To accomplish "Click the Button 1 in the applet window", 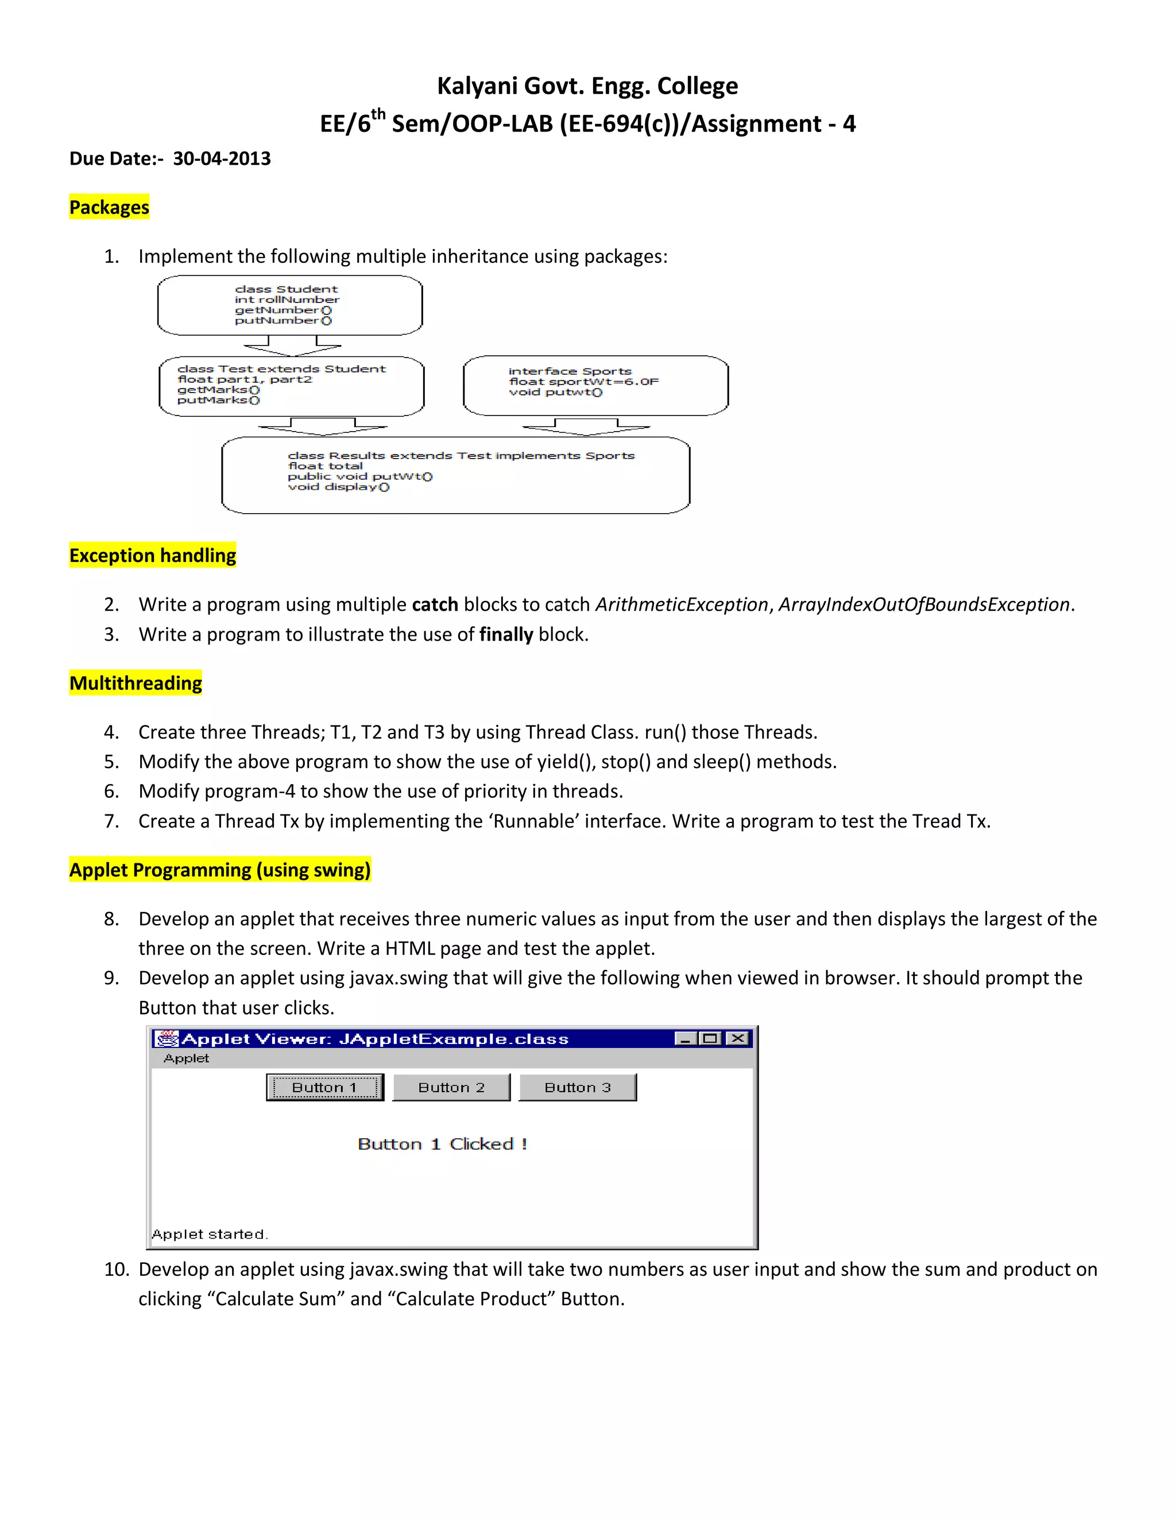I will pyautogui.click(x=324, y=1087).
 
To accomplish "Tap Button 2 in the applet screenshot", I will pyautogui.click(x=451, y=1087).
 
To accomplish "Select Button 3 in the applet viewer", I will pyautogui.click(x=578, y=1087).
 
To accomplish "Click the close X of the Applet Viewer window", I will pyautogui.click(x=737, y=1038).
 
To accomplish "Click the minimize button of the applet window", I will pyautogui.click(x=686, y=1038).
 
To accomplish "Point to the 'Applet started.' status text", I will pyautogui.click(x=209, y=1234).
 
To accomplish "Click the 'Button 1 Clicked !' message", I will pyautogui.click(x=442, y=1144).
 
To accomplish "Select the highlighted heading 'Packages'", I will pyautogui.click(x=109, y=208).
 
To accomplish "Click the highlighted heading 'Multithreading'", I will pyautogui.click(x=136, y=683).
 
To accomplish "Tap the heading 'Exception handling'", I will pyautogui.click(x=153, y=556).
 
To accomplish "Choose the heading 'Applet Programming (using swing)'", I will pyautogui.click(x=220, y=870).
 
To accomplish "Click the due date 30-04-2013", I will pyautogui.click(x=222, y=159).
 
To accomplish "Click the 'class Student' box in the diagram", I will pyautogui.click(x=290, y=305).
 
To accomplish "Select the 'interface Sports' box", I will pyautogui.click(x=595, y=385).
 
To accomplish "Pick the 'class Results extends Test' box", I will pyautogui.click(x=455, y=475).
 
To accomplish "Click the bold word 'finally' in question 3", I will pyautogui.click(x=506, y=634).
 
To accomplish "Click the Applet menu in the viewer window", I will pyautogui.click(x=186, y=1058).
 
